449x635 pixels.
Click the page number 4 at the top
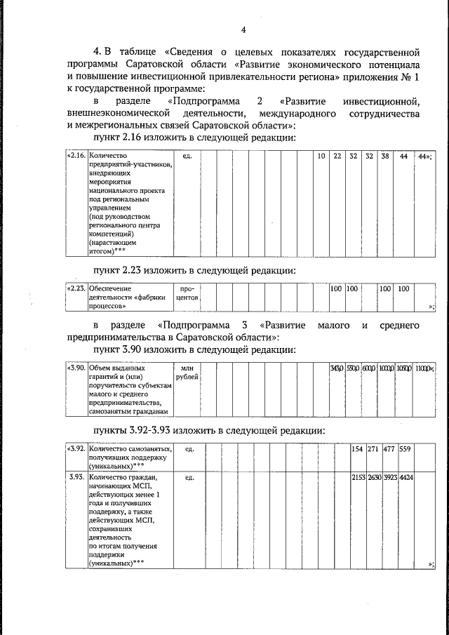click(243, 29)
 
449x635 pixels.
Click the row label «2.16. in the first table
click(76, 155)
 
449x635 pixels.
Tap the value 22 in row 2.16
click(337, 155)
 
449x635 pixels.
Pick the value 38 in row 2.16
click(384, 155)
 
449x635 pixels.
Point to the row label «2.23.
click(76, 288)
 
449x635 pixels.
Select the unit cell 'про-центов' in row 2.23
click(189, 293)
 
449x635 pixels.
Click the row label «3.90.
click(76, 367)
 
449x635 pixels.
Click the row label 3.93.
click(76, 478)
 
